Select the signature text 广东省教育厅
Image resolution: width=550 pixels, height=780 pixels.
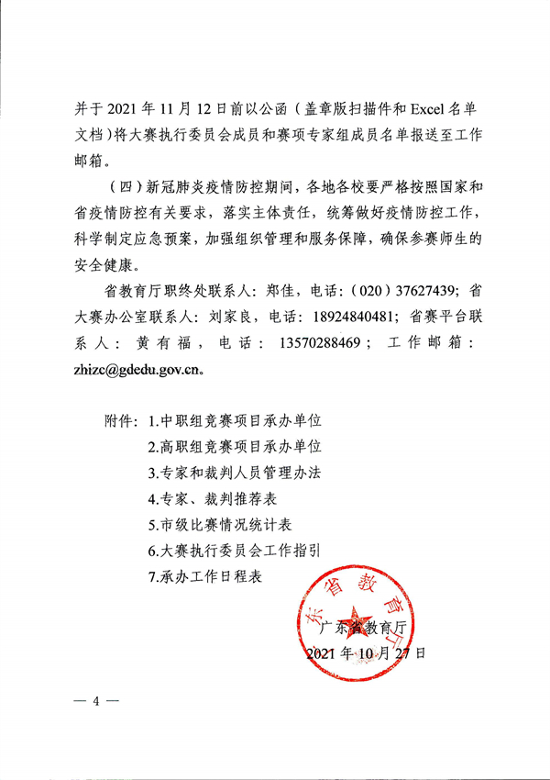[x=364, y=630]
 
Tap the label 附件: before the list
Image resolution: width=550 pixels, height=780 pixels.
[x=122, y=423]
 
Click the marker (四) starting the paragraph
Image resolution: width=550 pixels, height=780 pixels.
[x=124, y=189]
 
